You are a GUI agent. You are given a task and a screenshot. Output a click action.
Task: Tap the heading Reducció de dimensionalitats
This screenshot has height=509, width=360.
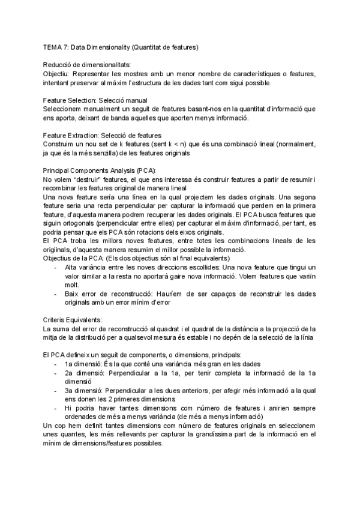coord(86,64)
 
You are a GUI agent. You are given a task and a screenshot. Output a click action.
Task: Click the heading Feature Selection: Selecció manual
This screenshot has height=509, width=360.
coord(95,100)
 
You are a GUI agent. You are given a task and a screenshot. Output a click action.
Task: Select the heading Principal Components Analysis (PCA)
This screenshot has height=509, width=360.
coord(99,170)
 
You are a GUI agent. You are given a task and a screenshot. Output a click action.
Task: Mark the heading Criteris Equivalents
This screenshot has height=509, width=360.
coord(73,321)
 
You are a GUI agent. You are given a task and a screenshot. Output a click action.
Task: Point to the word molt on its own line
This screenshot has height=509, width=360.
coord(73,285)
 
